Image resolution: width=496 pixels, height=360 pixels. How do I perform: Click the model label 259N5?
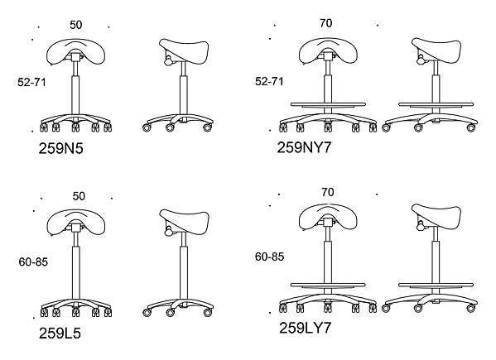click(x=60, y=148)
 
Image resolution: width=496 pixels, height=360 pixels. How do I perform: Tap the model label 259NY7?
click(x=304, y=147)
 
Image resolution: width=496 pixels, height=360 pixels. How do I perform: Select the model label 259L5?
click(x=60, y=333)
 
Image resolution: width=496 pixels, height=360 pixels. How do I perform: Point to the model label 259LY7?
click(x=305, y=328)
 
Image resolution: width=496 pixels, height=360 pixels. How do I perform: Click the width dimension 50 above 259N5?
click(x=76, y=25)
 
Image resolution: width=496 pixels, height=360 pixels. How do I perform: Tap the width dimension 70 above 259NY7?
click(x=325, y=23)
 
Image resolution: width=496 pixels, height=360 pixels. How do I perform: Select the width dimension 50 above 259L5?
click(x=79, y=196)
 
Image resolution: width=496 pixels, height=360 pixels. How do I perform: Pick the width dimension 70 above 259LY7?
click(x=328, y=192)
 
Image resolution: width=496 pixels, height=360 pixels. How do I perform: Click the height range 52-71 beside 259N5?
click(x=31, y=82)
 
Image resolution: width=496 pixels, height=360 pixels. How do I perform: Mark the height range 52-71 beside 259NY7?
click(x=269, y=82)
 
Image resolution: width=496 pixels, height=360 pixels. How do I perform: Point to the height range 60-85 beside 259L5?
click(x=33, y=262)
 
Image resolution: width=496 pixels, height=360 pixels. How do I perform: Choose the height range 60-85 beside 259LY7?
click(x=269, y=257)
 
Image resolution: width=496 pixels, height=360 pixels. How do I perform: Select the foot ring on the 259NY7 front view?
click(x=329, y=104)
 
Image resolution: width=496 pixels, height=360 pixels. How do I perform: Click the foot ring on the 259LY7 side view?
click(x=436, y=285)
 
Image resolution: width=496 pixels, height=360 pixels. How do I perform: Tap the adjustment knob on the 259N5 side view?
click(x=168, y=60)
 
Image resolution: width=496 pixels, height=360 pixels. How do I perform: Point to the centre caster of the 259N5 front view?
click(x=75, y=127)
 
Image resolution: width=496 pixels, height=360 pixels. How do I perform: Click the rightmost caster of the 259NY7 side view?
click(x=471, y=128)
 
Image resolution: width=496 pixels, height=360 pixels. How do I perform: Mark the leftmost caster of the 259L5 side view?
click(x=147, y=313)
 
